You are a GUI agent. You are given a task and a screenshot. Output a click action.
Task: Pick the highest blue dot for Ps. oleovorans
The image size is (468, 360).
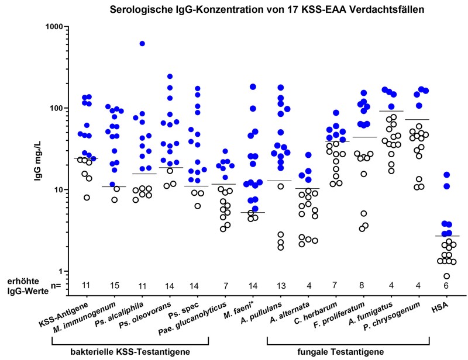[170, 77]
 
